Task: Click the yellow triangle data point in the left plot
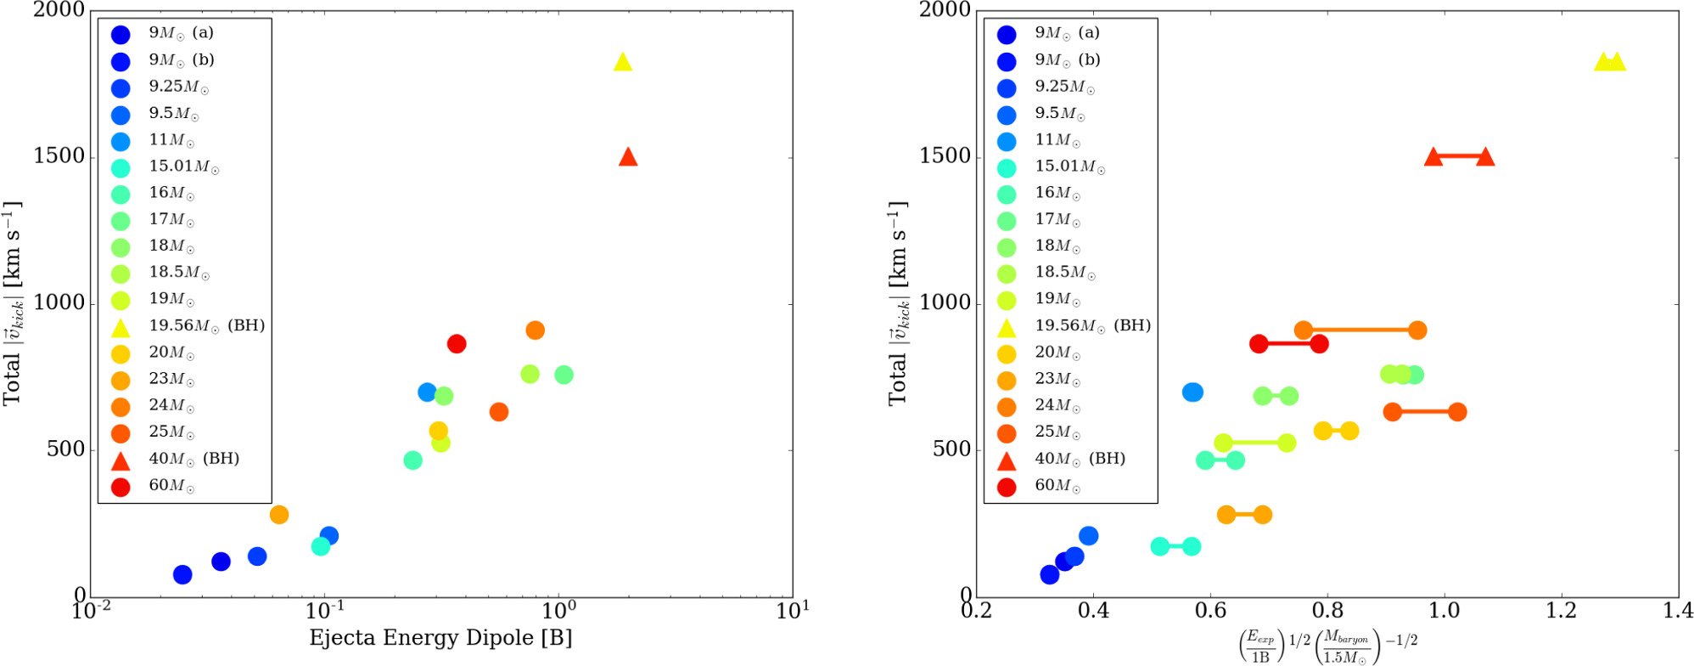coord(623,62)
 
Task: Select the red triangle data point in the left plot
coord(628,156)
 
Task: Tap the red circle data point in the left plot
coord(457,344)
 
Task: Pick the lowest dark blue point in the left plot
coord(182,575)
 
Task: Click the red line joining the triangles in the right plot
coord(1459,156)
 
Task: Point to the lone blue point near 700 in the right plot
coord(1192,392)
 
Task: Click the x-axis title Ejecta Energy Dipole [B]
coord(440,638)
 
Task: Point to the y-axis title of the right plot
coord(899,303)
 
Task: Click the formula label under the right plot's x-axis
coord(1327,646)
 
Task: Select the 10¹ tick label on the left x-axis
coord(793,610)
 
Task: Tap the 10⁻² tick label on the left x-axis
coord(90,610)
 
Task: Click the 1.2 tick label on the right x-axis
coord(1561,610)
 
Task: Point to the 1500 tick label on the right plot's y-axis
coord(945,157)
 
